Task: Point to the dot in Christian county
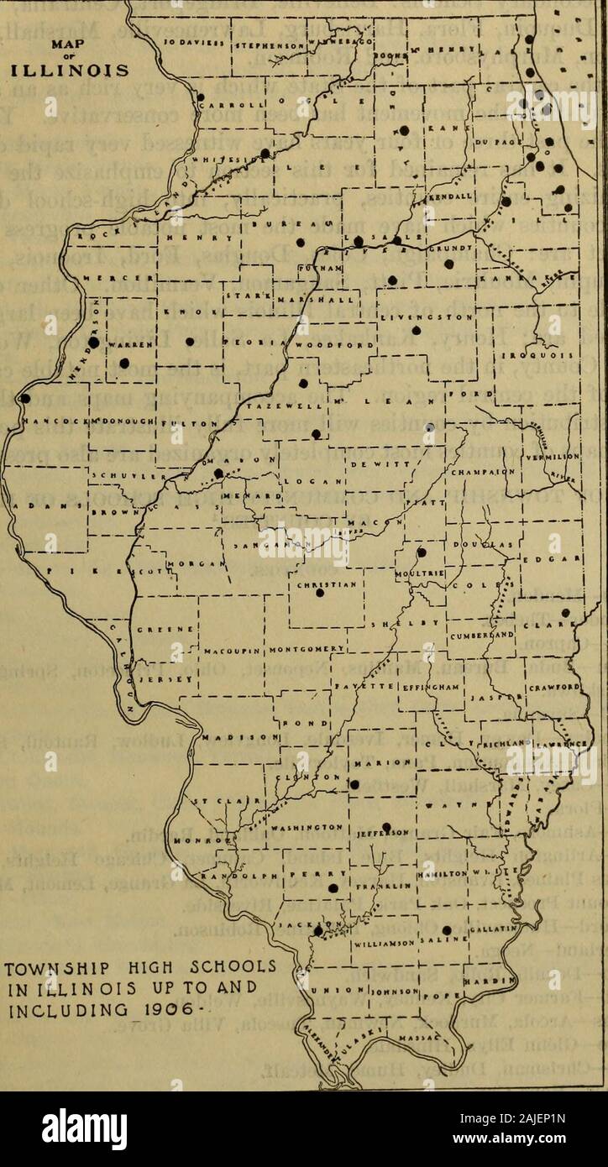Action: (319, 593)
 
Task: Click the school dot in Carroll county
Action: (202, 97)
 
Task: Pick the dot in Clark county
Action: (565, 612)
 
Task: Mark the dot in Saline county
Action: (448, 929)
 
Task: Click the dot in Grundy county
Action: (449, 264)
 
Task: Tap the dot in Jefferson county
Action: (386, 826)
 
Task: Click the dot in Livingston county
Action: (415, 331)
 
